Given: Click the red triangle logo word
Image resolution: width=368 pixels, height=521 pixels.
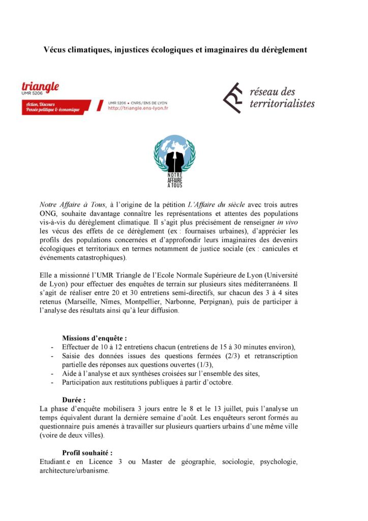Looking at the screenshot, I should [x=40, y=87].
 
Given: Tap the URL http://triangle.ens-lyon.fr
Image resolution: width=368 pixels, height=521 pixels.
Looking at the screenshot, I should [x=138, y=108].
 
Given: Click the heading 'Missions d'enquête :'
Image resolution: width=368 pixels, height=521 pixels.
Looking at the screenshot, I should [x=94, y=338].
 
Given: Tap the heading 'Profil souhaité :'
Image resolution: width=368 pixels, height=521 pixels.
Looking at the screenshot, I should [x=87, y=453].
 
